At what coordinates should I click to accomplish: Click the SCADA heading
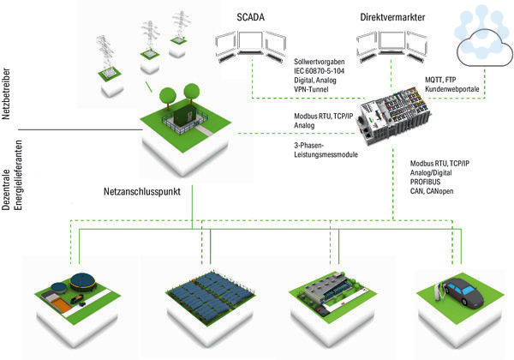250,17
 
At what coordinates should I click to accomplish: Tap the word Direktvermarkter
392,17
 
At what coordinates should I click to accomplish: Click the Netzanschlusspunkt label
142,191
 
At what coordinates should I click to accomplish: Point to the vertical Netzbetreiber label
6,93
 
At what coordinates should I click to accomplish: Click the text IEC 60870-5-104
319,71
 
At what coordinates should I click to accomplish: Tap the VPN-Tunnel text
311,89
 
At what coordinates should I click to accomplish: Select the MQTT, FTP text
440,80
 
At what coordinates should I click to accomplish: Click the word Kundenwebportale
452,89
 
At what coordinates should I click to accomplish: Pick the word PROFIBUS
425,182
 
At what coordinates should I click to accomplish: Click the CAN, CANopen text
432,191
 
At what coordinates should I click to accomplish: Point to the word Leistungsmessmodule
326,154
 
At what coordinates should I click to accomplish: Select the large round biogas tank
82,282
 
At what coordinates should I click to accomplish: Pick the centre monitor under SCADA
251,43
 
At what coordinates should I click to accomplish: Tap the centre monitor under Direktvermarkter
391,43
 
